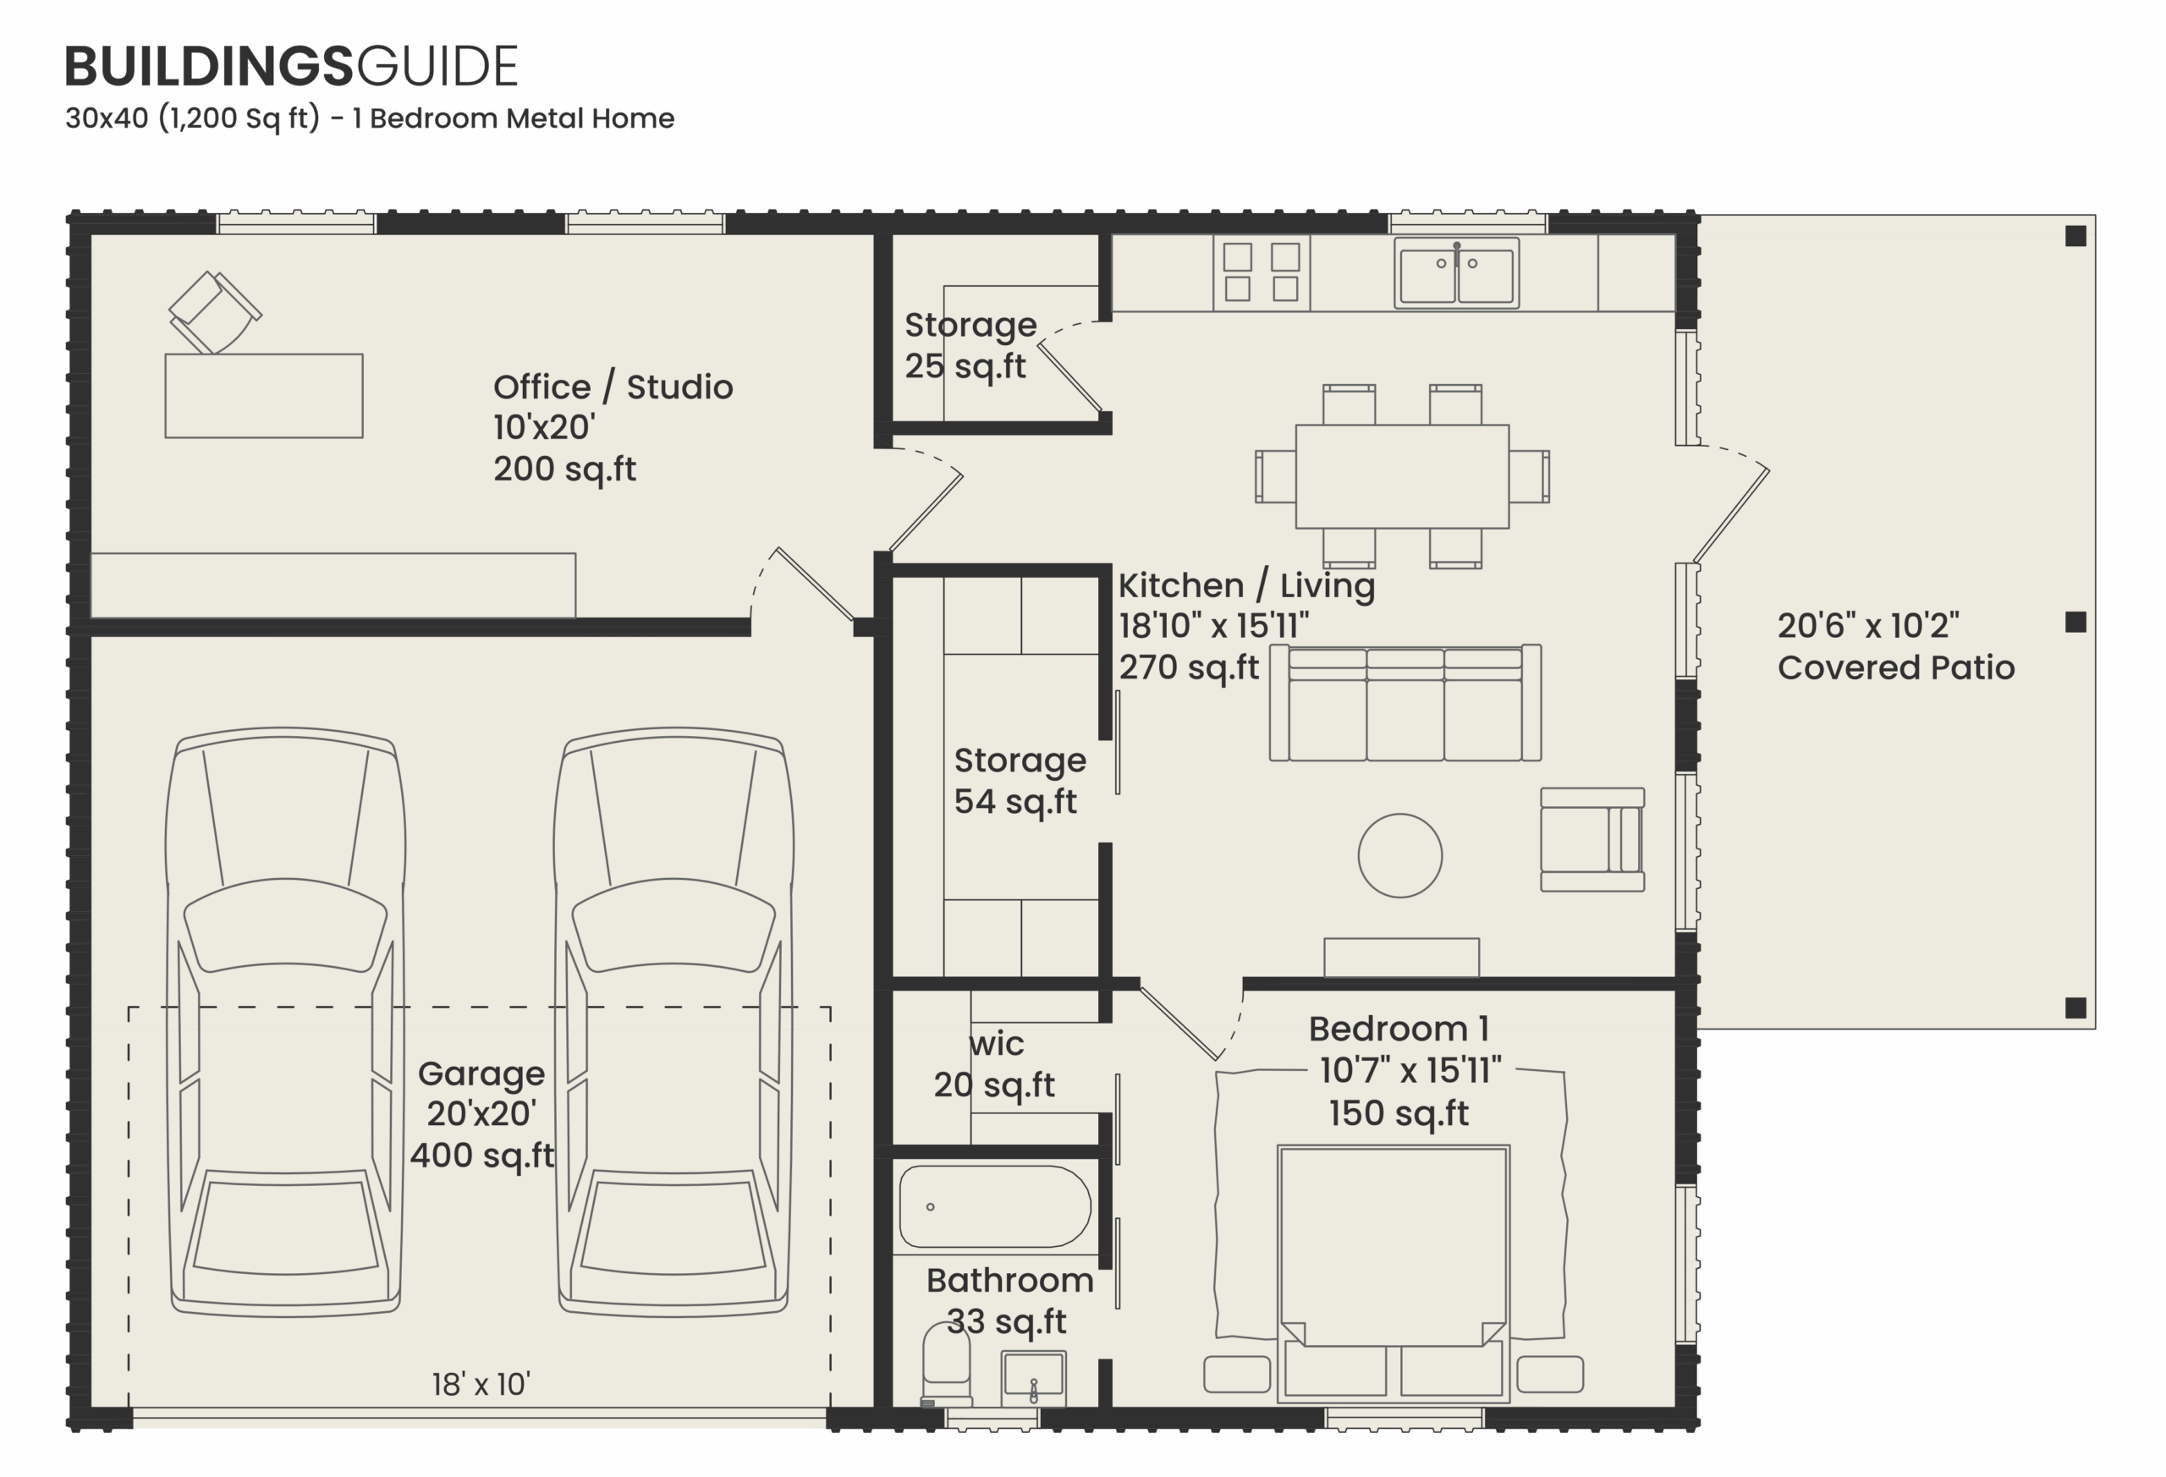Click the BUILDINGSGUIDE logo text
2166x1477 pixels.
click(x=291, y=66)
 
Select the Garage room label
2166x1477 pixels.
click(x=481, y=1074)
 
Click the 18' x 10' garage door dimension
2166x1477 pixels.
click(x=481, y=1384)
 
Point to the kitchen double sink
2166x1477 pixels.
click(x=1456, y=273)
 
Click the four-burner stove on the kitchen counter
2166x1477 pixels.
click(x=1261, y=272)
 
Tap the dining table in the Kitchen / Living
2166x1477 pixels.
click(x=1402, y=476)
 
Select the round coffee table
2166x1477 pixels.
click(x=1400, y=855)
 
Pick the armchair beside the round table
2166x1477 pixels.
click(x=1591, y=840)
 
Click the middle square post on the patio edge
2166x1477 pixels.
click(x=2075, y=622)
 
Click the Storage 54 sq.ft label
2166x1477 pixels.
click(x=1019, y=781)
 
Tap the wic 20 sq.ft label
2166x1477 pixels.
click(x=995, y=1064)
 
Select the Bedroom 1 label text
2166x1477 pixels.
click(x=1398, y=1029)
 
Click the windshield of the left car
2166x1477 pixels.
click(x=285, y=923)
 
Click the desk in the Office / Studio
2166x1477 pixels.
click(x=264, y=395)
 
